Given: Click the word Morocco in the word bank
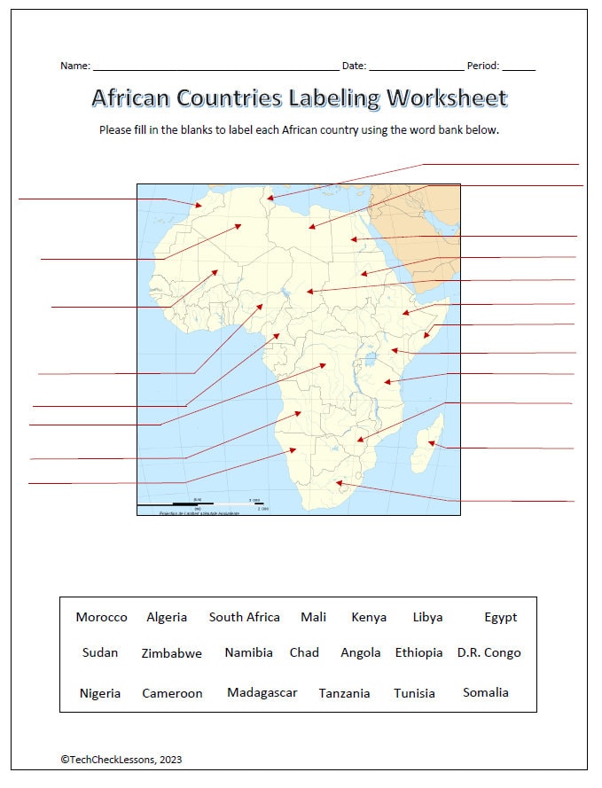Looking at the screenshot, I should pos(101,617).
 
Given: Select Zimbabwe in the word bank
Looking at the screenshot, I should pos(171,653).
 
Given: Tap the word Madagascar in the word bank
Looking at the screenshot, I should pos(262,692).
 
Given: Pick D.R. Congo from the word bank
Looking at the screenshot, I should pos(489,652).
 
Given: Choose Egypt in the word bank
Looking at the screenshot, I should pos(500,617).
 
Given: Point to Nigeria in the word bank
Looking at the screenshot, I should pos(99,693).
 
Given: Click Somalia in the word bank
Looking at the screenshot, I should pos(485,692).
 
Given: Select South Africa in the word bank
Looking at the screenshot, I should pos(244,617).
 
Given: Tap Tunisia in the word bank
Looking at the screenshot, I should pos(414,693).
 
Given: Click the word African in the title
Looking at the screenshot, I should pos(138,98).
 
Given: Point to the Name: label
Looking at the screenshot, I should pos(74,66).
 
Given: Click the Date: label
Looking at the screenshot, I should pos(354,66).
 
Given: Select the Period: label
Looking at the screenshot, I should pos(483,66).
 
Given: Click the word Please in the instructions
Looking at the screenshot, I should pos(115,129).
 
